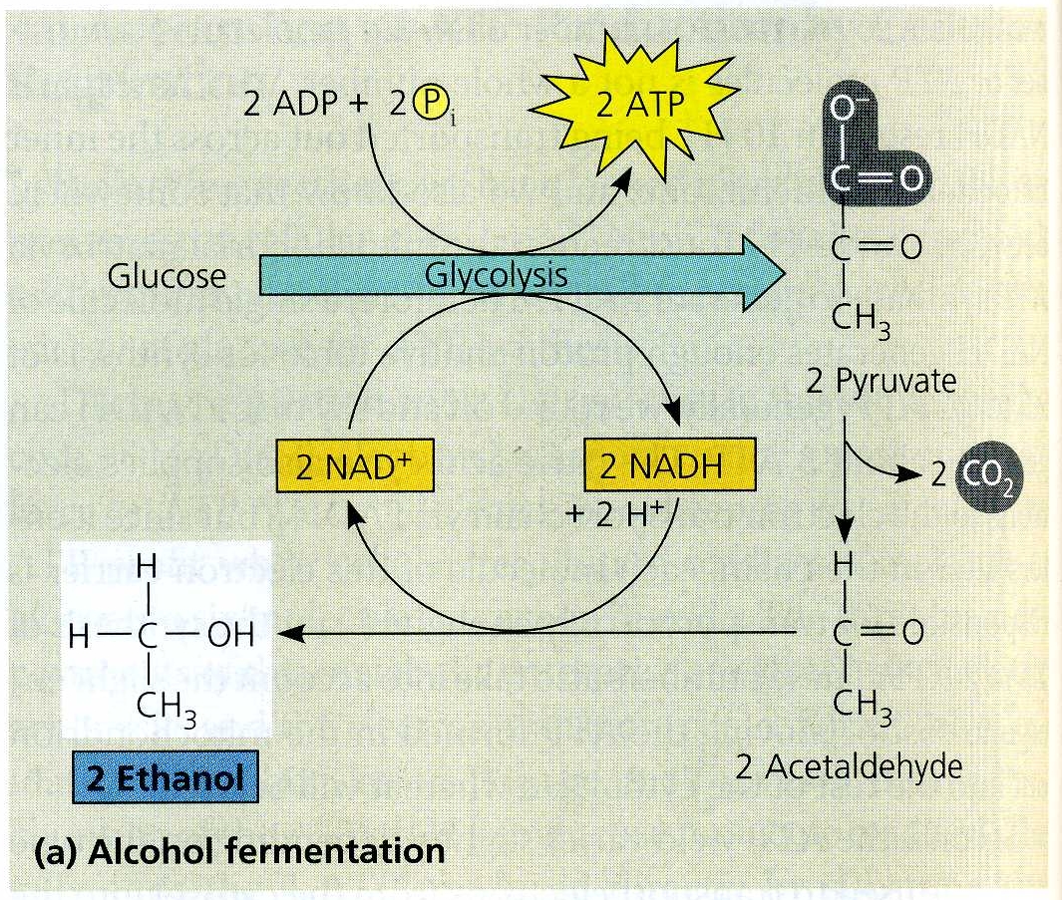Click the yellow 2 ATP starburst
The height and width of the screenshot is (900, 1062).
(636, 106)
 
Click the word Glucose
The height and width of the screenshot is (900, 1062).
(167, 276)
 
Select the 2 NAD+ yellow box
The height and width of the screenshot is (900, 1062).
(354, 468)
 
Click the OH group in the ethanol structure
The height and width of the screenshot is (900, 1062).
(232, 634)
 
